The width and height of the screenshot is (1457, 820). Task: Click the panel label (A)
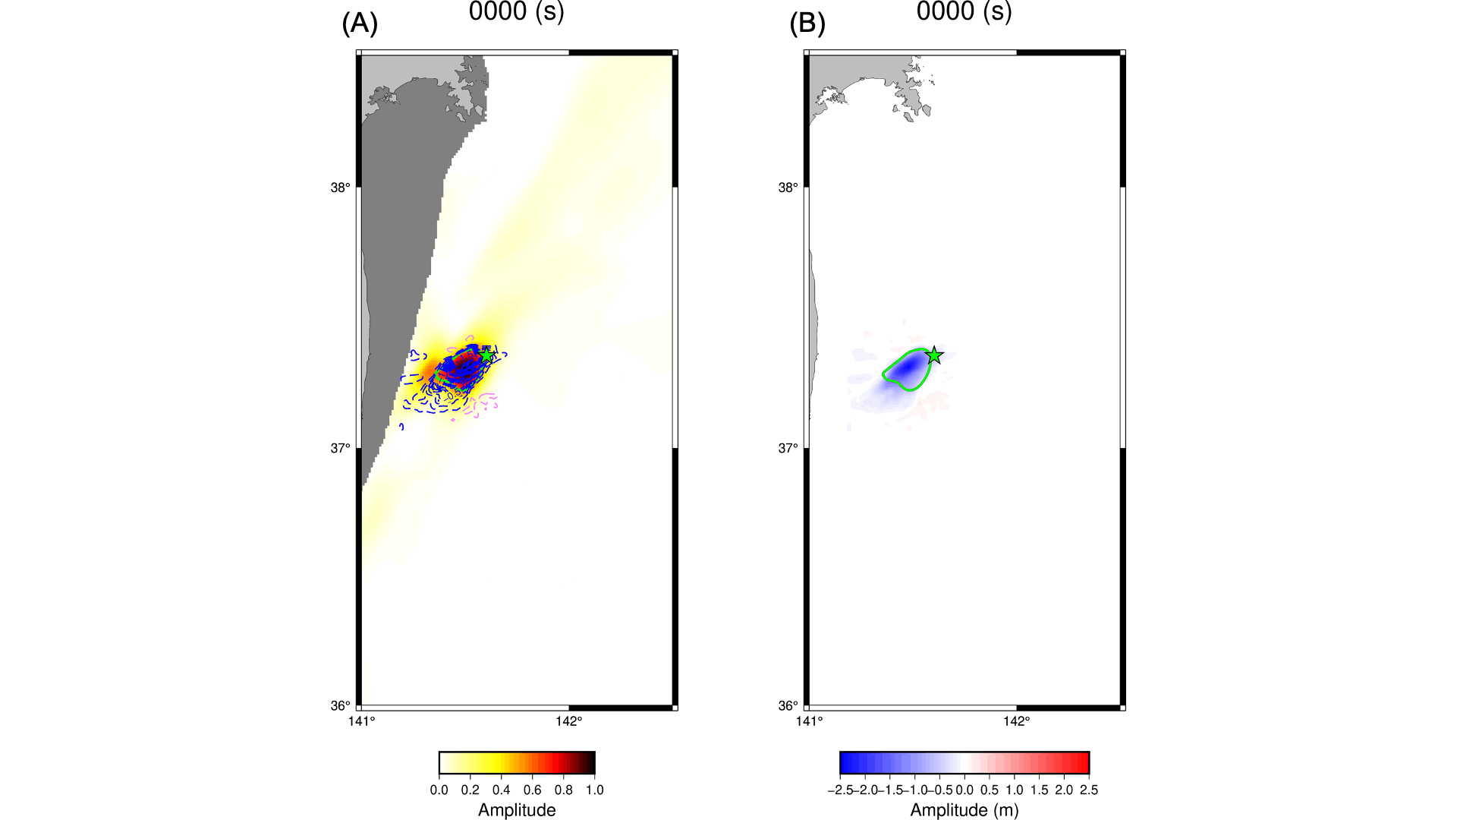[x=360, y=24]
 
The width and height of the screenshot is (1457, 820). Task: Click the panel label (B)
[x=807, y=24]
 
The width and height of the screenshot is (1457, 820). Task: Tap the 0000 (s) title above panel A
[x=516, y=11]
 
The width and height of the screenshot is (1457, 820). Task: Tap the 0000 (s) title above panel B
[x=964, y=11]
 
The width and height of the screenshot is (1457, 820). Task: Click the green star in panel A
[x=486, y=355]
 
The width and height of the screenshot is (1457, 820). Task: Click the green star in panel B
[x=934, y=355]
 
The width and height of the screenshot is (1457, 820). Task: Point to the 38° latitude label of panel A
[x=340, y=188]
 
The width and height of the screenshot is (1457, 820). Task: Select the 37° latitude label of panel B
[x=788, y=449]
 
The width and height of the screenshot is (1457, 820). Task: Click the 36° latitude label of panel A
[x=340, y=706]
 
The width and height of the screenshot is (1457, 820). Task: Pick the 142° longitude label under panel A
[x=568, y=721]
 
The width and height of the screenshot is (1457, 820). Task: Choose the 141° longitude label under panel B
[x=809, y=721]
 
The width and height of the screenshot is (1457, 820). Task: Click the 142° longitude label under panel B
[x=1016, y=721]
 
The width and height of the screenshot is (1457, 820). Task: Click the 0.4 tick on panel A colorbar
[x=502, y=790]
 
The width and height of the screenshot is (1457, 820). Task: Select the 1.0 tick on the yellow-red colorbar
[x=595, y=790]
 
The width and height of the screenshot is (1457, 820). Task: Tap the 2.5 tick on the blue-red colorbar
[x=1089, y=790]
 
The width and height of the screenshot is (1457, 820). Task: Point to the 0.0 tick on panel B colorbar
[x=965, y=790]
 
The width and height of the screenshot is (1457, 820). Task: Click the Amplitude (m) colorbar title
[x=964, y=810]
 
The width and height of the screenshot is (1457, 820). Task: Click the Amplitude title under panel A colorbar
[x=517, y=810]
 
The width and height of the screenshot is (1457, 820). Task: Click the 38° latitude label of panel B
[x=788, y=188]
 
